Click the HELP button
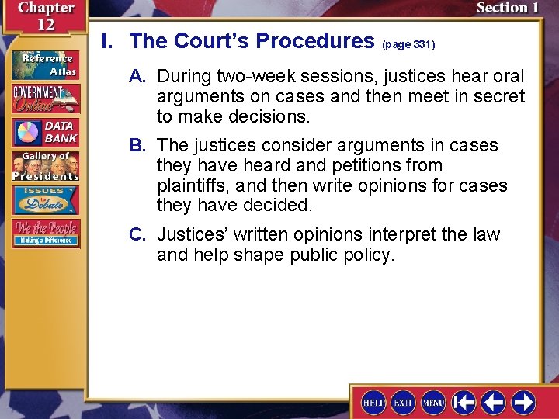[373, 402]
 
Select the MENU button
[433, 402]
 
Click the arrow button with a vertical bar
[464, 402]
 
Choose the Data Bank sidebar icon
[44, 132]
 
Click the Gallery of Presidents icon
[44, 165]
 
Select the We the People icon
[44, 233]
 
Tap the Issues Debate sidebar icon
[44, 199]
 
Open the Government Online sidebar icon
[44, 99]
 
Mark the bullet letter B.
[140, 146]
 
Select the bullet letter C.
[140, 235]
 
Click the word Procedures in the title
[314, 41]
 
